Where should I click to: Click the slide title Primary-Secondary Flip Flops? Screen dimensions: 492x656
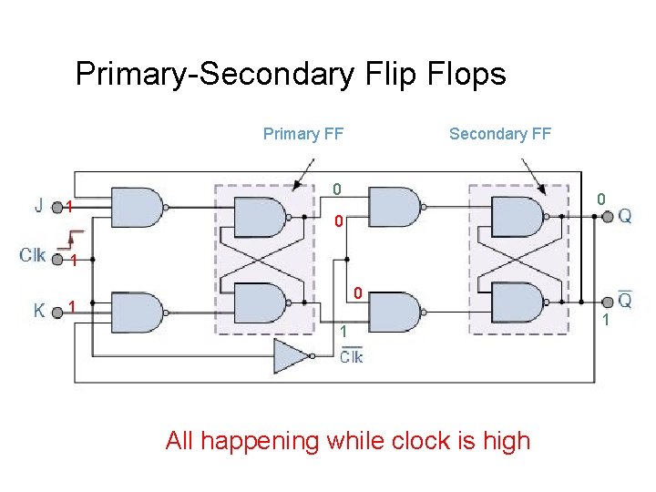(x=291, y=74)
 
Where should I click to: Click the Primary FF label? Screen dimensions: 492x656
(x=302, y=134)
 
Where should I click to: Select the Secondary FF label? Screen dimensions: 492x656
(x=500, y=134)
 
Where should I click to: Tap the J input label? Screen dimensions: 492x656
(x=40, y=206)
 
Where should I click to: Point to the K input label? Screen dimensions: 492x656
(x=40, y=310)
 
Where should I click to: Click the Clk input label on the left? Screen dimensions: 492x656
(x=33, y=255)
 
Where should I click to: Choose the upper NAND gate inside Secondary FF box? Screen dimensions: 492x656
(x=518, y=217)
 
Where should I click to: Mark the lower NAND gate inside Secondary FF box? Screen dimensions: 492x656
(x=518, y=302)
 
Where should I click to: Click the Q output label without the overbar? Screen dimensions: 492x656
(x=625, y=216)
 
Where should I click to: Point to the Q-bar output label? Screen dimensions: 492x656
(x=625, y=299)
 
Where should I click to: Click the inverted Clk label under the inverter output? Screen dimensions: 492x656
(x=351, y=355)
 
